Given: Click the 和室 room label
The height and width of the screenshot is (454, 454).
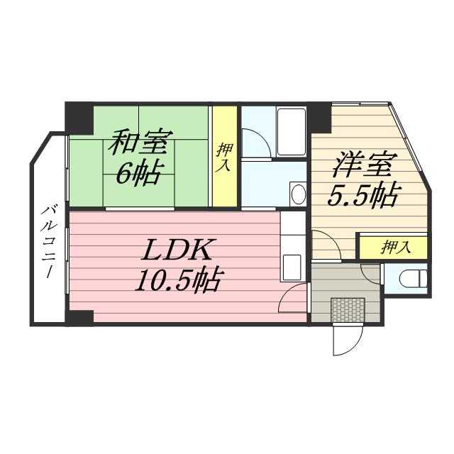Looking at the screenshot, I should point(138,143).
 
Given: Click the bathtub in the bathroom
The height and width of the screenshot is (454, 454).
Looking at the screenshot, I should point(290,131).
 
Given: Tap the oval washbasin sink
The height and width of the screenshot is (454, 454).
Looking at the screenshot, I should point(298,194).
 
